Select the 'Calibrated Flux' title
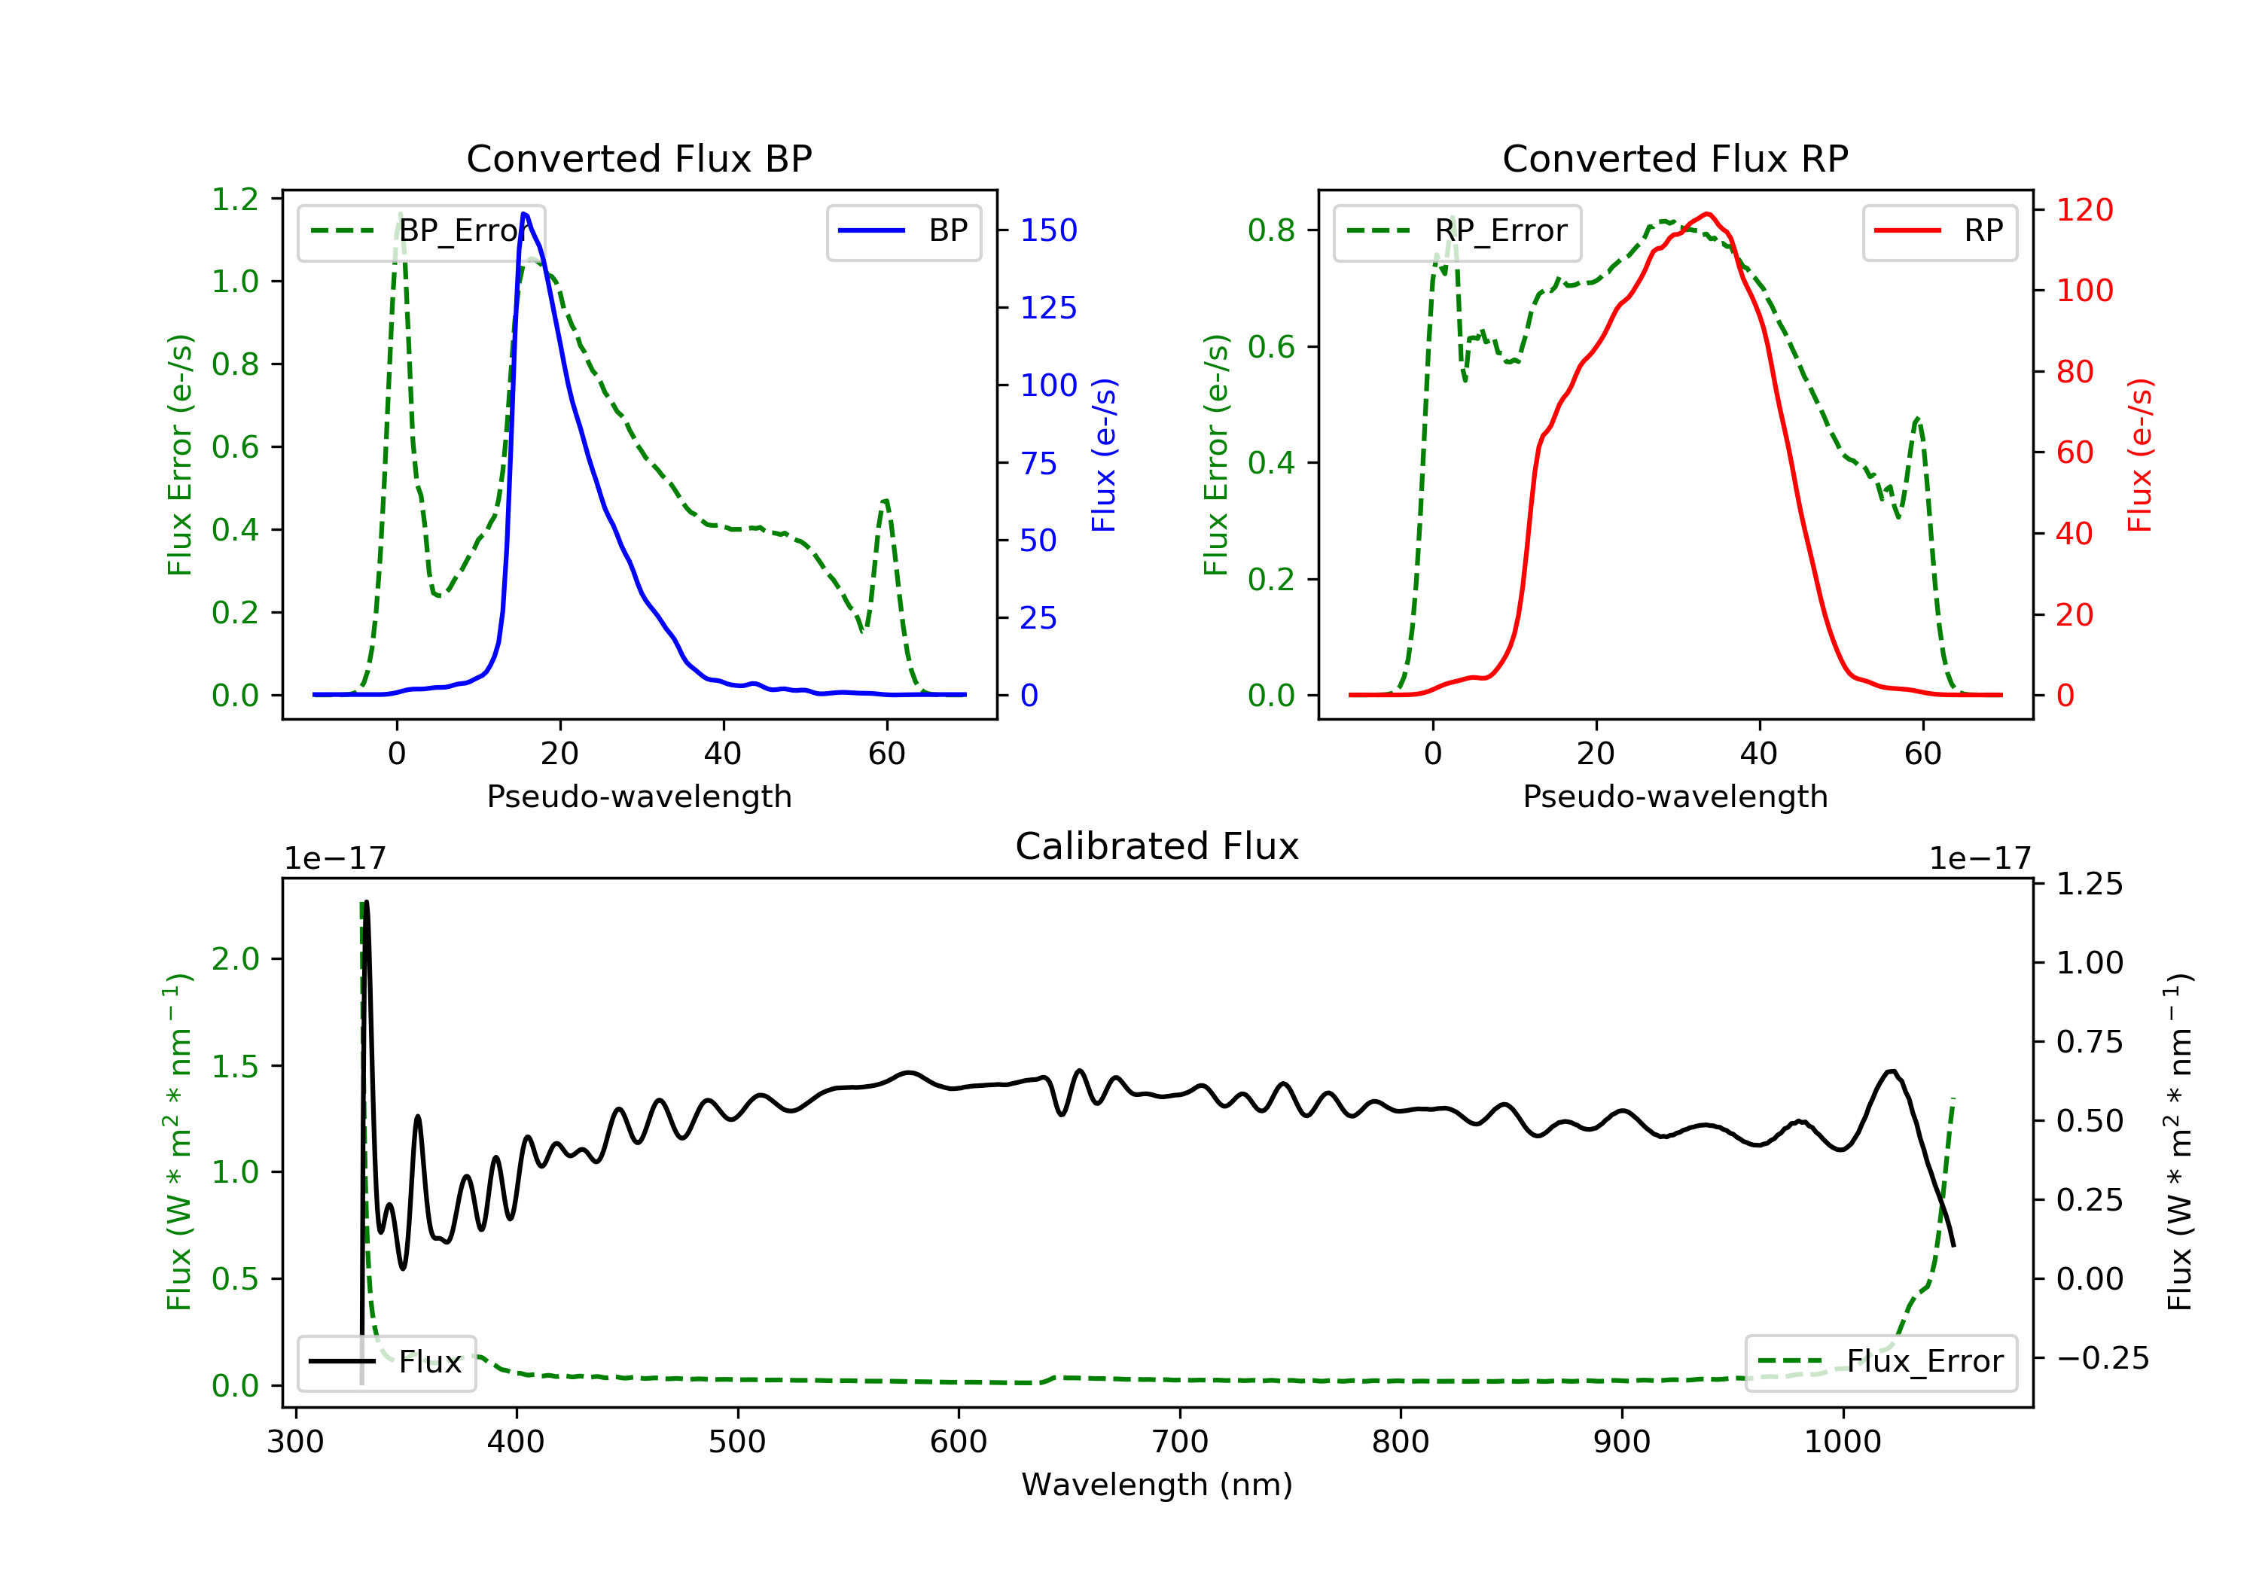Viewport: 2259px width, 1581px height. coord(1157,847)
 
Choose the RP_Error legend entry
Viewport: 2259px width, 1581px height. coord(1457,231)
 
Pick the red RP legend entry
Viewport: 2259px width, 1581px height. coord(1939,231)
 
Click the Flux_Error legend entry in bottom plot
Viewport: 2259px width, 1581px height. coord(1880,1362)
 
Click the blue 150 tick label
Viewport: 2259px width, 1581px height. coord(1049,230)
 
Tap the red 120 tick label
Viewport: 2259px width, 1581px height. coord(2085,209)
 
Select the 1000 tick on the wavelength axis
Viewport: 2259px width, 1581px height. coord(1842,1442)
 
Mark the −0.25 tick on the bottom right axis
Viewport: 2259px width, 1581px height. coord(2102,1359)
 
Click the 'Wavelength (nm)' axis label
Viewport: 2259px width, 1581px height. coord(1157,1485)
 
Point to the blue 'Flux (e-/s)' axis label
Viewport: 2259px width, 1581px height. coord(1105,455)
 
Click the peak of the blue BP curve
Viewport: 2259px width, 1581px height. coord(523,214)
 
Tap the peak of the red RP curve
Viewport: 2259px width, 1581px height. coord(1707,214)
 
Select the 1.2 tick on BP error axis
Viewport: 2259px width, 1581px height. coord(235,200)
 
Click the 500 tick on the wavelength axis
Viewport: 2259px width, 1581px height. coord(737,1442)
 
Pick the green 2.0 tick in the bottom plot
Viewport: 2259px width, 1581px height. coord(235,959)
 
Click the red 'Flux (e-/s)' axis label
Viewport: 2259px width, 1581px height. coord(2141,455)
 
